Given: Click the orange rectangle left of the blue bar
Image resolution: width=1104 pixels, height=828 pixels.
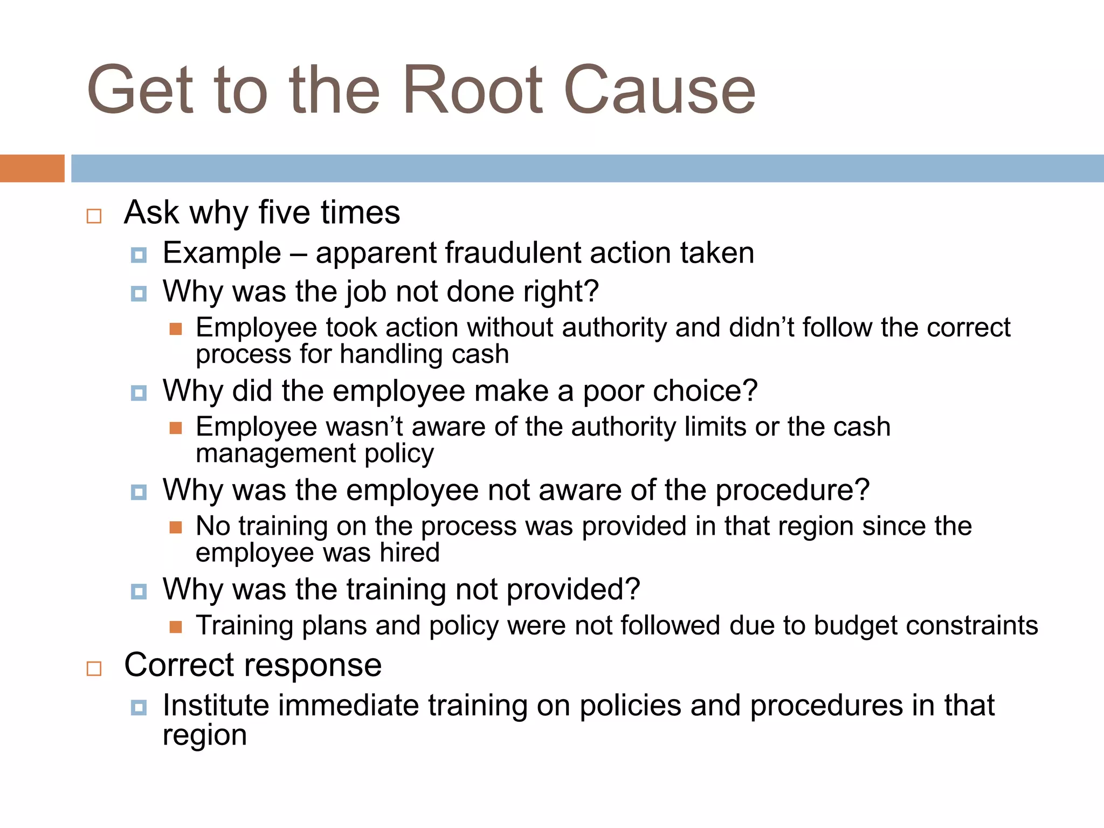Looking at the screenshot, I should click(x=32, y=168).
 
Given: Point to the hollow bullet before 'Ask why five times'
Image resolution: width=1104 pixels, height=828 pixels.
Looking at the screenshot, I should click(x=94, y=216).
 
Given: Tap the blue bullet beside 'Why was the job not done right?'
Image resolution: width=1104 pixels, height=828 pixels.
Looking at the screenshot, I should click(x=139, y=294).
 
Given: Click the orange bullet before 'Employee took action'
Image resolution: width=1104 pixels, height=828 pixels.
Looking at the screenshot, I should click(x=176, y=329).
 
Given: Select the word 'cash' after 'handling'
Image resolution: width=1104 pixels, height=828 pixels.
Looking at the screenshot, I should click(x=480, y=355).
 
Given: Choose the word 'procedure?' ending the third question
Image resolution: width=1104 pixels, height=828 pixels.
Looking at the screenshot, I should click(x=792, y=490).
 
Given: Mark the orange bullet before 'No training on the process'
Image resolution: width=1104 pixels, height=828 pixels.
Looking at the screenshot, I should click(x=176, y=527).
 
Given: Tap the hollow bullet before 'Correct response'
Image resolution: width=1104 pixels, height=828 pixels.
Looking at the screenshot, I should click(x=94, y=669).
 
